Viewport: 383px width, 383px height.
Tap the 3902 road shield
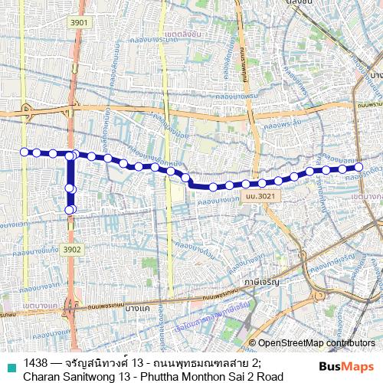(72, 249)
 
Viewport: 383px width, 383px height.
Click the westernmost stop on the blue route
(24, 151)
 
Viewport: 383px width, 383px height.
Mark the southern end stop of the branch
(70, 210)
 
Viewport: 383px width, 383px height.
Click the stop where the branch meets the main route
(70, 156)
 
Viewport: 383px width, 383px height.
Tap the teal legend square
(9, 363)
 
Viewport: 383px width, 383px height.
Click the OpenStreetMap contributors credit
(316, 342)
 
